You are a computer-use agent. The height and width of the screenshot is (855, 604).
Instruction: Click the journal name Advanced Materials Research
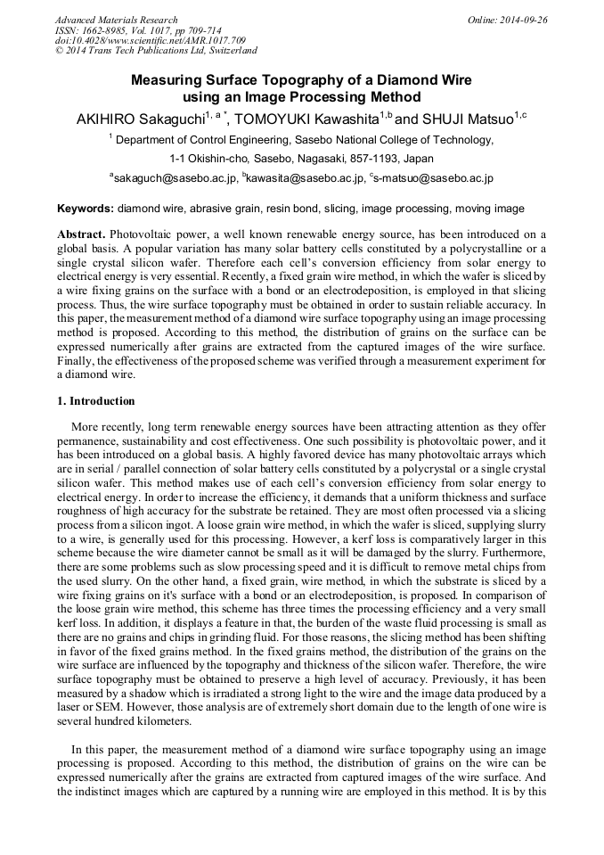(116, 20)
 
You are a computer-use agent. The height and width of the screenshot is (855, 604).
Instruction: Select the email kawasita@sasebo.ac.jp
(306, 178)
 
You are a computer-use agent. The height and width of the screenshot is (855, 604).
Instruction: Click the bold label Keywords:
(86, 209)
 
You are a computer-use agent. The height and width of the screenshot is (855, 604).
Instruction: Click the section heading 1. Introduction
(96, 401)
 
